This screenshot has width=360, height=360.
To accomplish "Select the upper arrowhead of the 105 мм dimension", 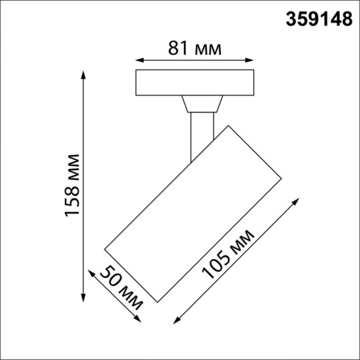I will pos(300,199).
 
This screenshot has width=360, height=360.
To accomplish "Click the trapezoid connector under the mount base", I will pos(201,103).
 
